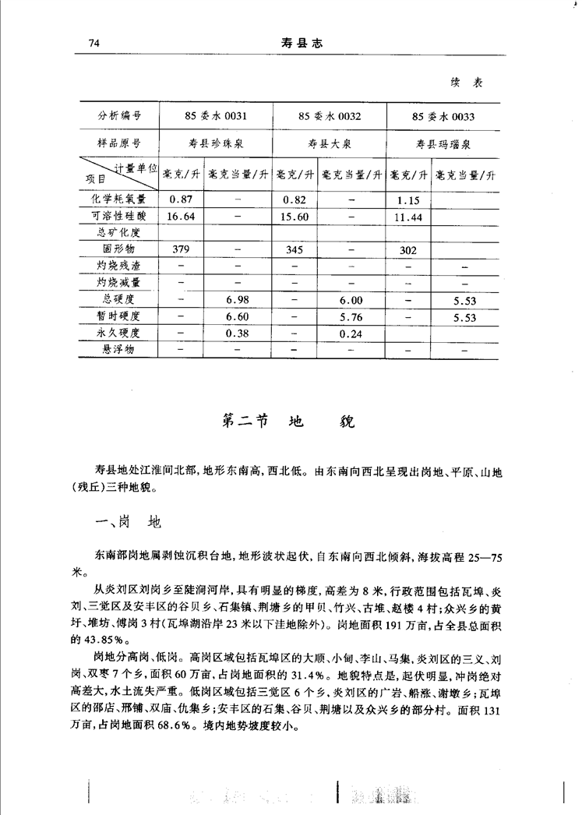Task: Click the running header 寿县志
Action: [301, 44]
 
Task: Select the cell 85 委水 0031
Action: [216, 117]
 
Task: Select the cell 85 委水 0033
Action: [443, 117]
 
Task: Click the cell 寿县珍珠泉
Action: [216, 144]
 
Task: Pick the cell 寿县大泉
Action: [330, 144]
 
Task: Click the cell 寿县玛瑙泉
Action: [443, 144]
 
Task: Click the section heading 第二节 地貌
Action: [289, 422]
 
